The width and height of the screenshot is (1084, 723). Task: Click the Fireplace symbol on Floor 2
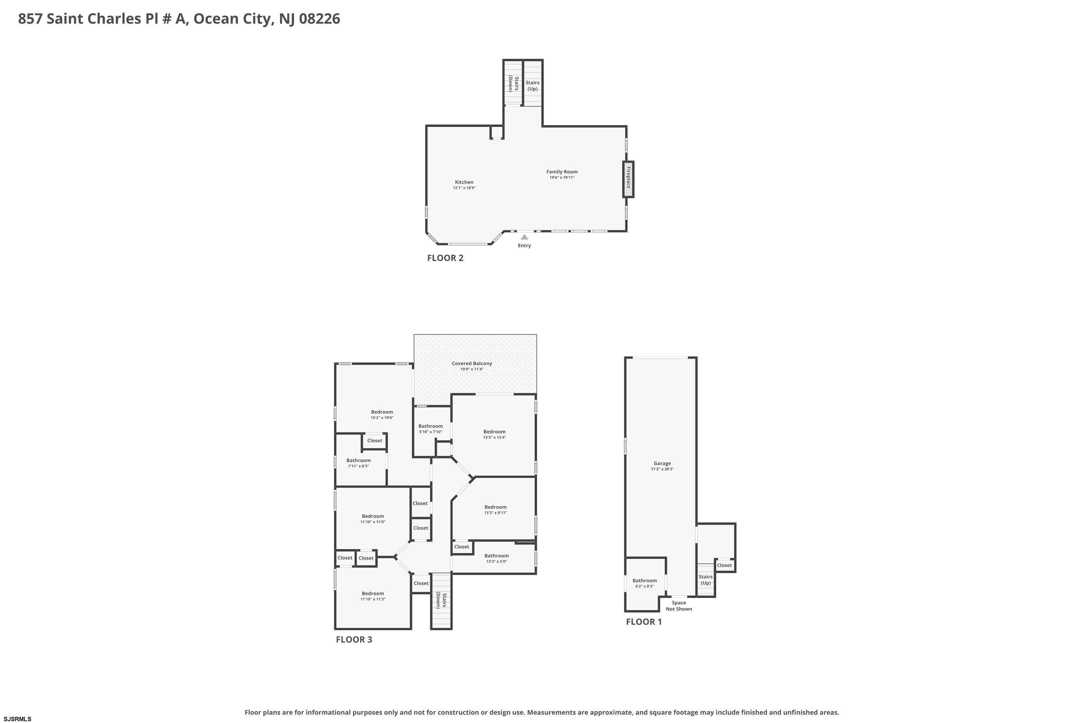pos(628,179)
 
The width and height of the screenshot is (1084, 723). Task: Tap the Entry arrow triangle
pos(525,237)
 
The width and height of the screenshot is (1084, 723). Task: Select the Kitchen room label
pos(464,182)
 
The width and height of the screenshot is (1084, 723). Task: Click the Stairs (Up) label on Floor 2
pos(532,86)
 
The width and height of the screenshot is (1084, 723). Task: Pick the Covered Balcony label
pos(472,363)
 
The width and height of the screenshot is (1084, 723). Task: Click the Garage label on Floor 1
pos(662,463)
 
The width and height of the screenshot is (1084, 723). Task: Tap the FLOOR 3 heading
pos(354,639)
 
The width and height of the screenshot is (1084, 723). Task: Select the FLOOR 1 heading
pos(644,621)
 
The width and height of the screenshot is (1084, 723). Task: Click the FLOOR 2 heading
pos(445,258)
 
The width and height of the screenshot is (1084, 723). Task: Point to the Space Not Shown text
pos(679,606)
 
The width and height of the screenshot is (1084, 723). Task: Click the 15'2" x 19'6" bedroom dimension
pos(382,418)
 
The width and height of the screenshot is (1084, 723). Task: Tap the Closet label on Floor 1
pos(724,565)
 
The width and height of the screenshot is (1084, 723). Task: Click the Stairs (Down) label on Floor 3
pos(442,600)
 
